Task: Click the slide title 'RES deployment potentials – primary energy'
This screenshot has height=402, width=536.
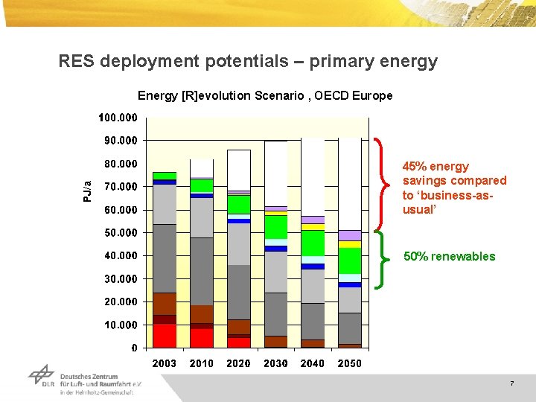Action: (248, 61)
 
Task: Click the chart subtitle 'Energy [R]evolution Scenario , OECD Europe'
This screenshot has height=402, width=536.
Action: (265, 96)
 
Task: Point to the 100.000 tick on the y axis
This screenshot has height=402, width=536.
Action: (118, 118)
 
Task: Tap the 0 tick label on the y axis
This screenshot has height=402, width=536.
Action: (134, 348)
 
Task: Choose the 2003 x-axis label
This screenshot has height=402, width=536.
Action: (165, 363)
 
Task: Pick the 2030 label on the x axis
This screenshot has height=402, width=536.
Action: (275, 363)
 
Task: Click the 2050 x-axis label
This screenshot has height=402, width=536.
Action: (349, 363)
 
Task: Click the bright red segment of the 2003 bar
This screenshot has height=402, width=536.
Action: (165, 336)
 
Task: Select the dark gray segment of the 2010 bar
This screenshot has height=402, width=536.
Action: (201, 271)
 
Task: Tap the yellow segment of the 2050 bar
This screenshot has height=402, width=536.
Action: (349, 244)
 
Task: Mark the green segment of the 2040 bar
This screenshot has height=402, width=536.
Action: (313, 243)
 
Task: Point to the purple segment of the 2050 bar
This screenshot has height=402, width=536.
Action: (349, 235)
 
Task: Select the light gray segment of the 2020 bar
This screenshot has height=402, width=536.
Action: (238, 243)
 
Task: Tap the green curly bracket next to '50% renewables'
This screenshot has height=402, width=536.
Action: (382, 258)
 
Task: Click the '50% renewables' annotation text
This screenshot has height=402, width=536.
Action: (449, 256)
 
